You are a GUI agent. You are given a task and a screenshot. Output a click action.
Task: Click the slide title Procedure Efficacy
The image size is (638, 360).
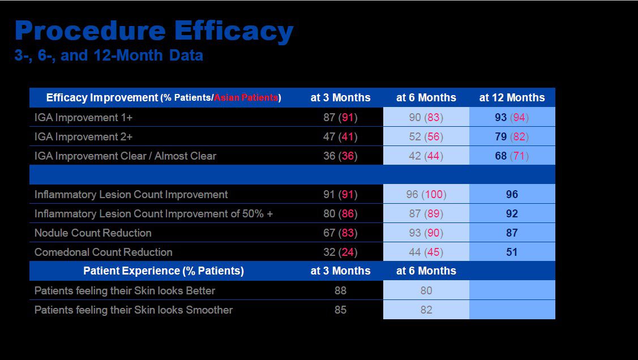pyautogui.click(x=154, y=31)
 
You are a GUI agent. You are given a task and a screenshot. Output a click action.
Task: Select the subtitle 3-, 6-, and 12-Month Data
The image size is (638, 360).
pyautogui.click(x=109, y=55)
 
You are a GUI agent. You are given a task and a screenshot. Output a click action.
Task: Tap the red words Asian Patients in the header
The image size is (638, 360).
pyautogui.click(x=246, y=98)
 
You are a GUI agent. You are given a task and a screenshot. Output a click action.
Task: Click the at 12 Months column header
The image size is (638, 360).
pyautogui.click(x=512, y=98)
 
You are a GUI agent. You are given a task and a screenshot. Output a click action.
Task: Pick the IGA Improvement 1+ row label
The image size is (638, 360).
pyautogui.click(x=83, y=118)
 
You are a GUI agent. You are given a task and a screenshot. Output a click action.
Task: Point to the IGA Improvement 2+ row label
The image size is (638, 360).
pyautogui.click(x=83, y=137)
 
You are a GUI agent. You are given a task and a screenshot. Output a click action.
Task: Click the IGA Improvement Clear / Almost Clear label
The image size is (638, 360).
pyautogui.click(x=125, y=156)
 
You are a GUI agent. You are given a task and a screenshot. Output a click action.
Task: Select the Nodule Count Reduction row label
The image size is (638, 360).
pyautogui.click(x=93, y=233)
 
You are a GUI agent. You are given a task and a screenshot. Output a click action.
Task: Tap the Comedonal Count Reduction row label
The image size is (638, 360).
pyautogui.click(x=103, y=252)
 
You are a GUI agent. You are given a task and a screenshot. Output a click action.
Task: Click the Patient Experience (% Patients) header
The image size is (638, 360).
pyautogui.click(x=164, y=271)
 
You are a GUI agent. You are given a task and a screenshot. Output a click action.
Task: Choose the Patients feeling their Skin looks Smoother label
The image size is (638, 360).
pyautogui.click(x=133, y=310)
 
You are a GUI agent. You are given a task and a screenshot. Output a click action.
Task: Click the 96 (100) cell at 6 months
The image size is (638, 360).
pyautogui.click(x=426, y=195)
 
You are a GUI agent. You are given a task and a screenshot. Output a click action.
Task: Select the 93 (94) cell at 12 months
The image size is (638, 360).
pyautogui.click(x=511, y=118)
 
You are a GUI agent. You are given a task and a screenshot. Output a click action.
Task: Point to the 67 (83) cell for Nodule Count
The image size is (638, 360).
pyautogui.click(x=340, y=233)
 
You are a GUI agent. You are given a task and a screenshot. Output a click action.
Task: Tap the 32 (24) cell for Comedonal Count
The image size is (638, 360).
pyautogui.click(x=340, y=252)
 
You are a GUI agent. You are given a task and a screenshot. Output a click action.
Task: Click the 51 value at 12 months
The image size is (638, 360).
pyautogui.click(x=512, y=252)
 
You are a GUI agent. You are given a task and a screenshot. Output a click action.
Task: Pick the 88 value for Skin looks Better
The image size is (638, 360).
pyautogui.click(x=340, y=290)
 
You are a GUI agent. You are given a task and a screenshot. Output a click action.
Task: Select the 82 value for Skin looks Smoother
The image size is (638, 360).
pyautogui.click(x=426, y=310)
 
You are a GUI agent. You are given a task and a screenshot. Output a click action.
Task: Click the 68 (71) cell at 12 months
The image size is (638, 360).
pyautogui.click(x=511, y=156)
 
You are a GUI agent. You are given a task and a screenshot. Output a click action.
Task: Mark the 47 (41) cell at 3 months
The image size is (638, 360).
pyautogui.click(x=340, y=137)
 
